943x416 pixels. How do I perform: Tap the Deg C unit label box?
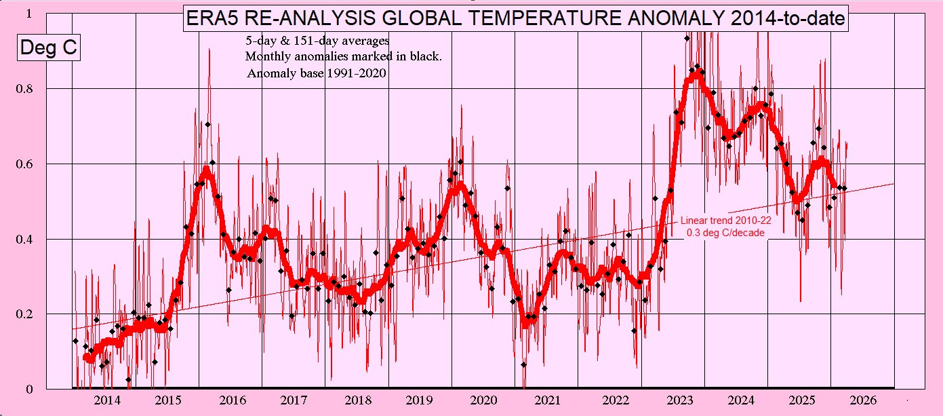pyautogui.click(x=47, y=48)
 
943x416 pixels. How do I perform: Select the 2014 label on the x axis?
pyautogui.click(x=107, y=401)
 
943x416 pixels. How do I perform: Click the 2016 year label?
pyautogui.click(x=233, y=401)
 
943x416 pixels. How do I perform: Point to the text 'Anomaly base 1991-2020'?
pyautogui.click(x=316, y=73)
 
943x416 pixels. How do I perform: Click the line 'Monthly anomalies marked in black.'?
pyautogui.click(x=344, y=57)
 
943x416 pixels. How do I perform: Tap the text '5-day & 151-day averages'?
pyautogui.click(x=317, y=41)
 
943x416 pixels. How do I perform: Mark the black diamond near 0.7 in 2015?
pyautogui.click(x=208, y=124)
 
